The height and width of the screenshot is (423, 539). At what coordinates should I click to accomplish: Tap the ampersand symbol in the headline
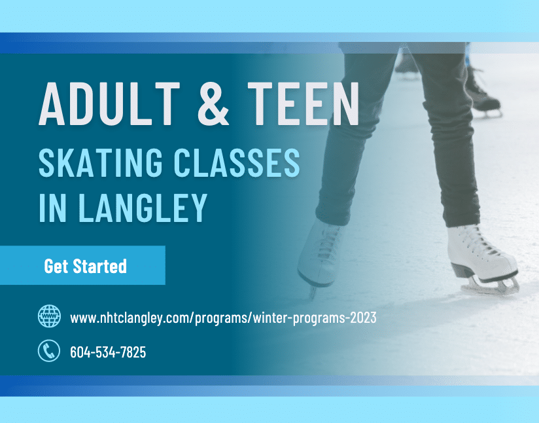213,103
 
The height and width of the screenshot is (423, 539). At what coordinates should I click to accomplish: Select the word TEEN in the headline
304,103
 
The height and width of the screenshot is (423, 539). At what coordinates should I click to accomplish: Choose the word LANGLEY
143,207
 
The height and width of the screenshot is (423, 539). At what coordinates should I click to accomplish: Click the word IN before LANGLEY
52,207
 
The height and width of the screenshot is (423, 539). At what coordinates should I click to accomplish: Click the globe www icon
49,316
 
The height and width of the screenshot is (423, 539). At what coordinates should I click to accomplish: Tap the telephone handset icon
49,351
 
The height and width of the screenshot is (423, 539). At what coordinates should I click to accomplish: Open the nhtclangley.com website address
223,318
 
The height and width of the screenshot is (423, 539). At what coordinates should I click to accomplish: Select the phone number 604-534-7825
108,352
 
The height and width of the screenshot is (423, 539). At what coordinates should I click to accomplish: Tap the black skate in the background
483,93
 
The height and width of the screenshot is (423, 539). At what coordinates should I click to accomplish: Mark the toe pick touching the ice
312,293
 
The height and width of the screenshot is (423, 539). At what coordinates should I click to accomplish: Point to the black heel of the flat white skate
461,270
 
